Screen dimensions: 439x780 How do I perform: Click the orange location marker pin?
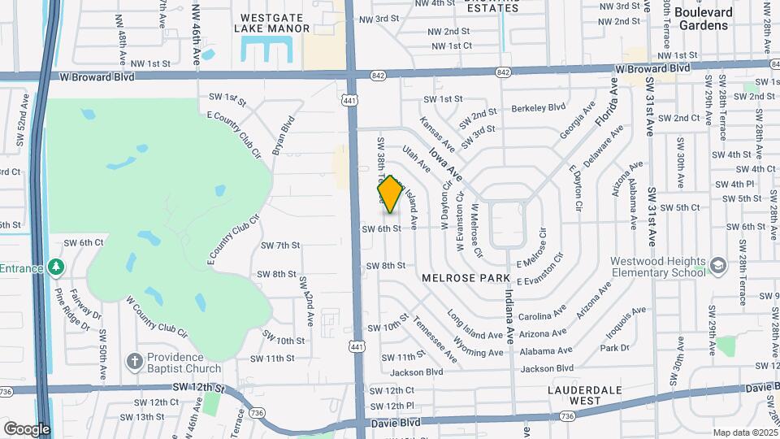[x=390, y=194]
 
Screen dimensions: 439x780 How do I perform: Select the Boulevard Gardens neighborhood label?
[x=703, y=19]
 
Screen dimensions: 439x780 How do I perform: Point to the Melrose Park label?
[x=454, y=277]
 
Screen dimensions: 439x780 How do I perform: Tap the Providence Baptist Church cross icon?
[x=135, y=360]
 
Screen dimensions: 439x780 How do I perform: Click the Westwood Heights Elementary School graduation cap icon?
[x=718, y=266]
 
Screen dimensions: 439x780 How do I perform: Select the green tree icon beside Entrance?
[x=55, y=267]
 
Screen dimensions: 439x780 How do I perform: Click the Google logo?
[x=27, y=428]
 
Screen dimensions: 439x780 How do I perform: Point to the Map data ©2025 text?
[x=743, y=432]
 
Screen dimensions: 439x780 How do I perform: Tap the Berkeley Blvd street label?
[x=538, y=107]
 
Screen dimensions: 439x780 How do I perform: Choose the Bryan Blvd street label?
[x=283, y=136]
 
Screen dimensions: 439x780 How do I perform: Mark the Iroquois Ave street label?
[x=623, y=320]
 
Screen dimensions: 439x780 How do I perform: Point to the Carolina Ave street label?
[x=542, y=313]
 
